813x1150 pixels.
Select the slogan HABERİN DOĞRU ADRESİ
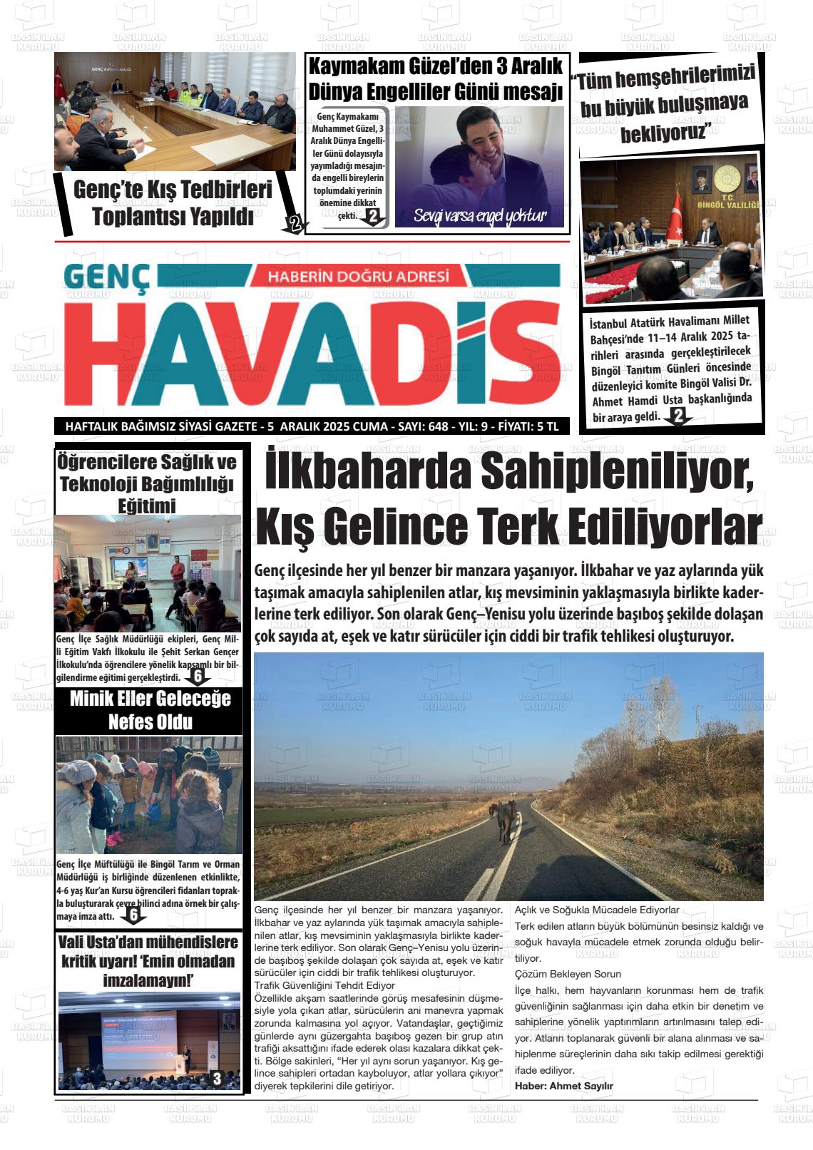click(358, 276)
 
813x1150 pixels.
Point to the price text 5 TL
click(548, 426)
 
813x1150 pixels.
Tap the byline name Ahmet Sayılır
click(564, 1086)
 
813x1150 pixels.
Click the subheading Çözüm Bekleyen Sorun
click(568, 974)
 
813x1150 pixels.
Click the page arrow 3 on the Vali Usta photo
click(217, 1079)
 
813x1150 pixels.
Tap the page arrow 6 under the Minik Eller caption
click(133, 915)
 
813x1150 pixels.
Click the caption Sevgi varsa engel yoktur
click(479, 216)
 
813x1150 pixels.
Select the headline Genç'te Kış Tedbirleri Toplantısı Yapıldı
click(173, 203)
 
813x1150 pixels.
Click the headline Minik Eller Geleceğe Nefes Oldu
click(150, 710)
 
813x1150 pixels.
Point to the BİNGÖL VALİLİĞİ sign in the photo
click(737, 204)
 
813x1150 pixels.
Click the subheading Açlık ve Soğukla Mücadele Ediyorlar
click(597, 910)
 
